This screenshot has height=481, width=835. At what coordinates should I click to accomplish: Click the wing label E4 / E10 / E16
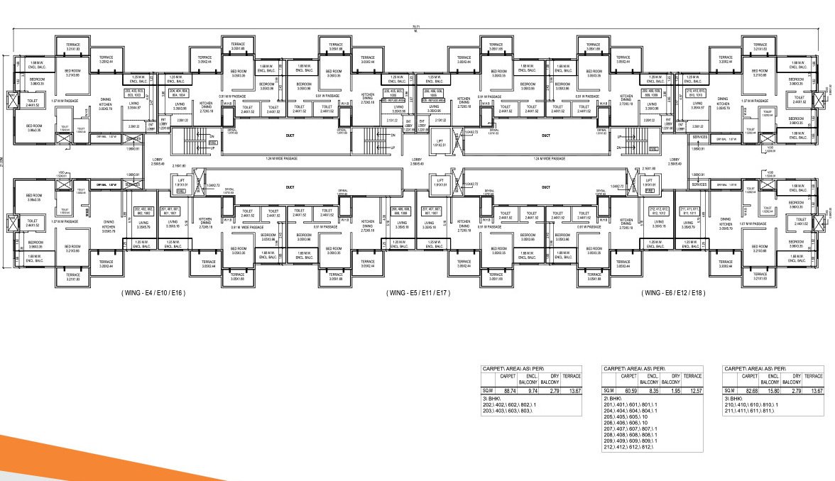(153, 292)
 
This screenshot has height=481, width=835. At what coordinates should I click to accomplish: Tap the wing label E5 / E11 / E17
(418, 292)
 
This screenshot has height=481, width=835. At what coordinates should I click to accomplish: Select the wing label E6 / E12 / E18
(672, 292)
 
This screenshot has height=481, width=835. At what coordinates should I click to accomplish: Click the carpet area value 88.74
(509, 391)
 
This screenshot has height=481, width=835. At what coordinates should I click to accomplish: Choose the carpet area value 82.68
(751, 391)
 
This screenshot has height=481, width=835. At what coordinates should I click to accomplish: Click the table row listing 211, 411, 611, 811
(752, 411)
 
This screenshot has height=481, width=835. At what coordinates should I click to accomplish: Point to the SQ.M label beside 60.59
(608, 391)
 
